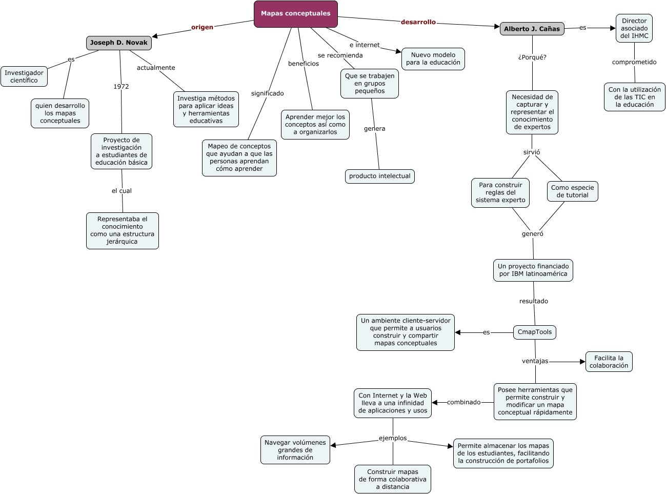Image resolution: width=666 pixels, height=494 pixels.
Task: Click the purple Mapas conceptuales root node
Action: [295, 14]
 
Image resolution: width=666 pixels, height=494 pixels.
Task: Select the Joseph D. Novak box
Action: [118, 43]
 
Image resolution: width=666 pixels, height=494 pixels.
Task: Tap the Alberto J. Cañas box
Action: [532, 29]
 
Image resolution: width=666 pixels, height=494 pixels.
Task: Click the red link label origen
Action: [202, 27]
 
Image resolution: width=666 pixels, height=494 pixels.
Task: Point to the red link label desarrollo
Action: [418, 22]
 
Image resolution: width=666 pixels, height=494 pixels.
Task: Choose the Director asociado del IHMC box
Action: [634, 28]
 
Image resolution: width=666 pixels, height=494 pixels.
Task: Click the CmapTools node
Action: [534, 332]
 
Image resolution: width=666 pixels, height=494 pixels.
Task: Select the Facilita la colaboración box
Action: [609, 362]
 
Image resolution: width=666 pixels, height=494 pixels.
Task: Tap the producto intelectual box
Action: [379, 176]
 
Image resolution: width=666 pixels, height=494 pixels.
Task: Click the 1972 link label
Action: [121, 87]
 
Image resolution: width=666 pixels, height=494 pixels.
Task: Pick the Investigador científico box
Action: [24, 76]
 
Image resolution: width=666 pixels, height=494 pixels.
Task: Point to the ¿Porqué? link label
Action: [532, 57]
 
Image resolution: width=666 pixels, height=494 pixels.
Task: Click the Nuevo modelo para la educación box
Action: [433, 59]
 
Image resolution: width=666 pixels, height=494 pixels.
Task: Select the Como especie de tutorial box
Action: [572, 191]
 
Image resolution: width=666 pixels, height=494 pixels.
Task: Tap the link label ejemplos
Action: [393, 438]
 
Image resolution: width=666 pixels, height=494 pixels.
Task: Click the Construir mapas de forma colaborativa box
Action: [392, 479]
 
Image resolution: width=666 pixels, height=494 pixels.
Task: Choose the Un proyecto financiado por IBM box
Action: [533, 270]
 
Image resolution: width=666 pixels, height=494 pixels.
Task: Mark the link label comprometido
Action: [634, 62]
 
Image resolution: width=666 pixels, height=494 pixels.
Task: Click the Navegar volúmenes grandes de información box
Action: [295, 450]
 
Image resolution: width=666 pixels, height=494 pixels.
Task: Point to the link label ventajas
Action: [535, 361]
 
